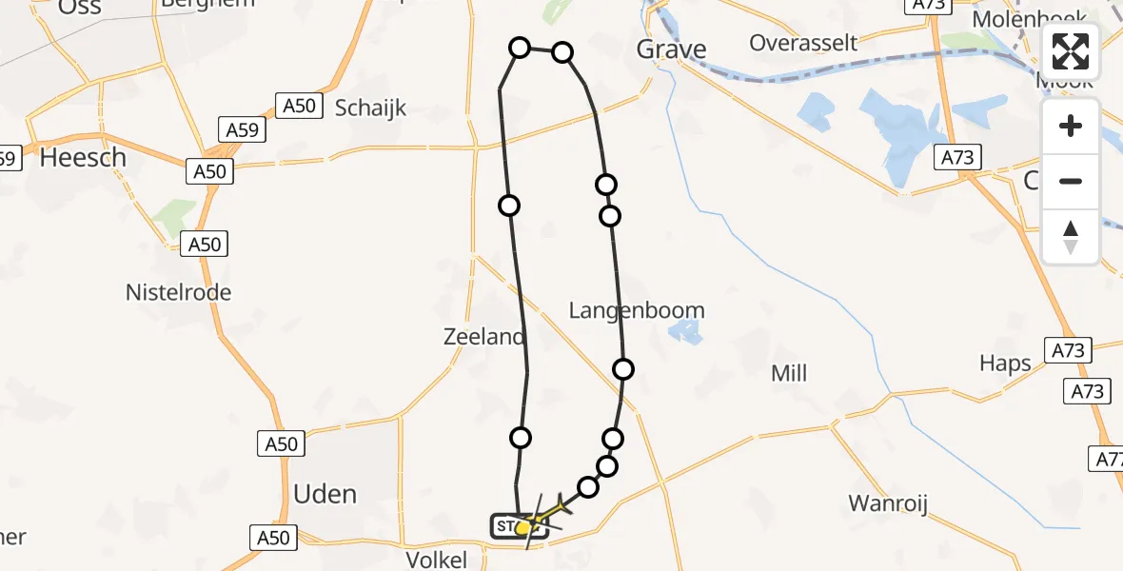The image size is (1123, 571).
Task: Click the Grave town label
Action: click(671, 49)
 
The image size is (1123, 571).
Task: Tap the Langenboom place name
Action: click(637, 310)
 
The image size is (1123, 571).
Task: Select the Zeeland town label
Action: click(483, 337)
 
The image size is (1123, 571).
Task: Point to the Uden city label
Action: click(325, 494)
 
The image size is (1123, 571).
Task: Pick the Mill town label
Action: click(789, 374)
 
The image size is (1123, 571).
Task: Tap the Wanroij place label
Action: click(887, 503)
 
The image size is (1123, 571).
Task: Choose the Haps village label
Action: click(1005, 363)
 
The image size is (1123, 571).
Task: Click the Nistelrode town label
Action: click(178, 292)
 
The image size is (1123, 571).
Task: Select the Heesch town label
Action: click(83, 158)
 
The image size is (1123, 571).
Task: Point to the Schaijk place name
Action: click(370, 108)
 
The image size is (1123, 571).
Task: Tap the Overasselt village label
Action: click(803, 43)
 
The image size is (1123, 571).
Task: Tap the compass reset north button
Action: click(1071, 237)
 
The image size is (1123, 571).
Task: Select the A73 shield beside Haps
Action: click(1068, 350)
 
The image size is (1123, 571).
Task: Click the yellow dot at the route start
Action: click(522, 527)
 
